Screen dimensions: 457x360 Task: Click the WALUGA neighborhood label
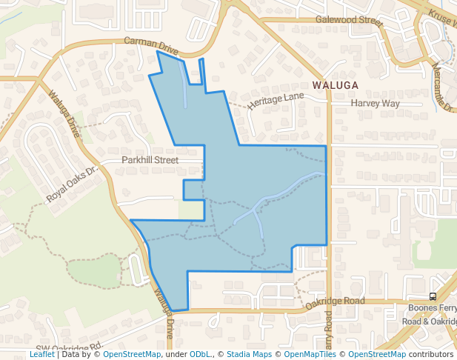pos(336,85)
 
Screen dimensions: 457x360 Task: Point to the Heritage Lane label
pos(276,101)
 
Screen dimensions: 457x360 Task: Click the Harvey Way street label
pos(375,103)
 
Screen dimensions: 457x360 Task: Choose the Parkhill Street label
pos(150,159)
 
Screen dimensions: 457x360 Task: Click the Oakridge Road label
pos(336,301)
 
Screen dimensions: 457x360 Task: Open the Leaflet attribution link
pos(41,354)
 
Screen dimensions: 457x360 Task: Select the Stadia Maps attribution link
pos(249,354)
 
